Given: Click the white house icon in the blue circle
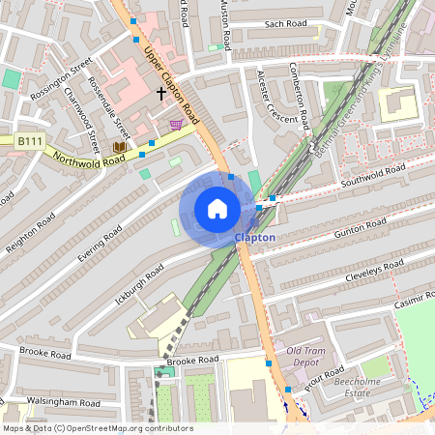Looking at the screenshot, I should pos(217,209).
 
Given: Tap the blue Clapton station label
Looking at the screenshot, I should pos(254,237).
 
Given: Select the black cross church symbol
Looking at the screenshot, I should pos(160,93).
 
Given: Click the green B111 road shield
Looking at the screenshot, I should pos(30,141).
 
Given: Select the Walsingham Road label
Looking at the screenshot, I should pos(64,402).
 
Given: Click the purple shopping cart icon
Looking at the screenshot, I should pos(175,124).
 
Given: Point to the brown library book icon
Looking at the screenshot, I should pos(120,147).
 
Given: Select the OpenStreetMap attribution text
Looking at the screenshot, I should pos(98,428).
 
